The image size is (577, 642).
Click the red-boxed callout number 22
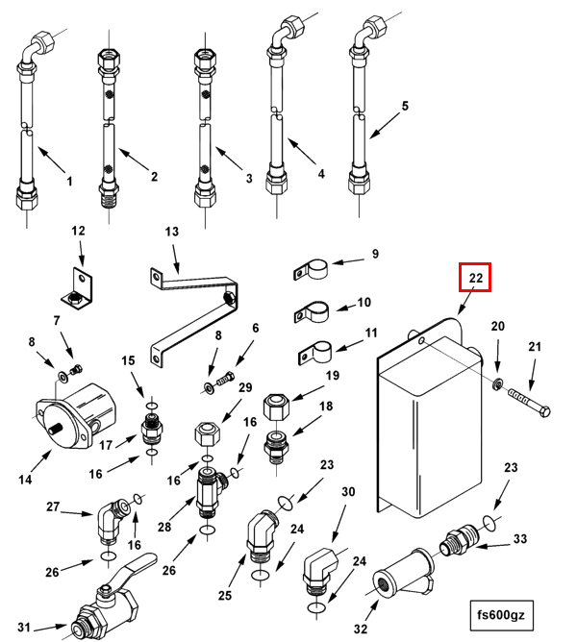tap(474, 278)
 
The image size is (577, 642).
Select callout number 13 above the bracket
tap(172, 233)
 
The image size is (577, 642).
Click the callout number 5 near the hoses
tap(405, 106)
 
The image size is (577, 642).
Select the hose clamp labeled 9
tap(311, 271)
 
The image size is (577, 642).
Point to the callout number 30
tap(347, 492)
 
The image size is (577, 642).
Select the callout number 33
tap(520, 539)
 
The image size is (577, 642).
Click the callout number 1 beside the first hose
tap(69, 181)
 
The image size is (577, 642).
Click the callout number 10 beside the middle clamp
tap(364, 303)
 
